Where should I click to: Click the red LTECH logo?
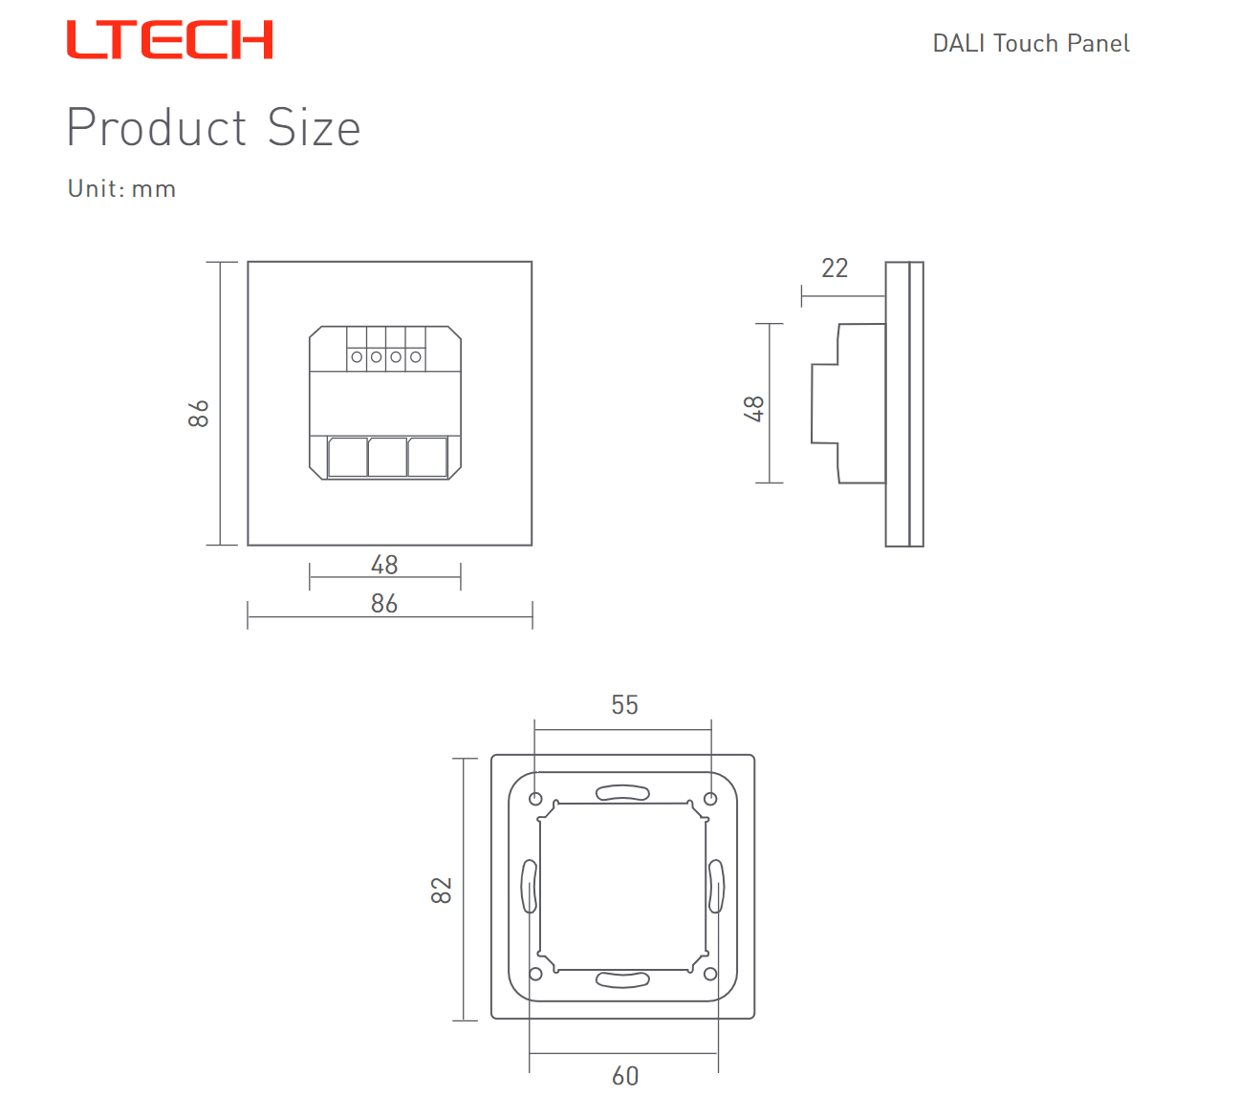169,40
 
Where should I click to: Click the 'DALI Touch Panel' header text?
1031,44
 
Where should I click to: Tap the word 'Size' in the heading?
314,127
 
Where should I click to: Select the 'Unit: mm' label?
122,188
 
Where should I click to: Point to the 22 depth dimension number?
834,268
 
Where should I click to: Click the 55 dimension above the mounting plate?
624,705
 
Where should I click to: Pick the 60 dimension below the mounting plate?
625,1076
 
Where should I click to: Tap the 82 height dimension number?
441,891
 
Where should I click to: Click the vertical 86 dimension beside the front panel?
199,414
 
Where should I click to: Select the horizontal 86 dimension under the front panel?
383,604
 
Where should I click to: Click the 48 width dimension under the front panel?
383,565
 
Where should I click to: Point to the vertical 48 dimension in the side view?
753,408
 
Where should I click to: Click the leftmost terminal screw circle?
357,357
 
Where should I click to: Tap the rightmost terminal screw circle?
416,357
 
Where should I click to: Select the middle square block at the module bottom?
387,457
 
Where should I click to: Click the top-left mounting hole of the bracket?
535,799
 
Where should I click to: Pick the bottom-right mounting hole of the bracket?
710,974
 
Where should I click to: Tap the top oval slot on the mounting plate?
622,792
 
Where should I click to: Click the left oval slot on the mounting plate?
530,886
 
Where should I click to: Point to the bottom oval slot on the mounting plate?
622,979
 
